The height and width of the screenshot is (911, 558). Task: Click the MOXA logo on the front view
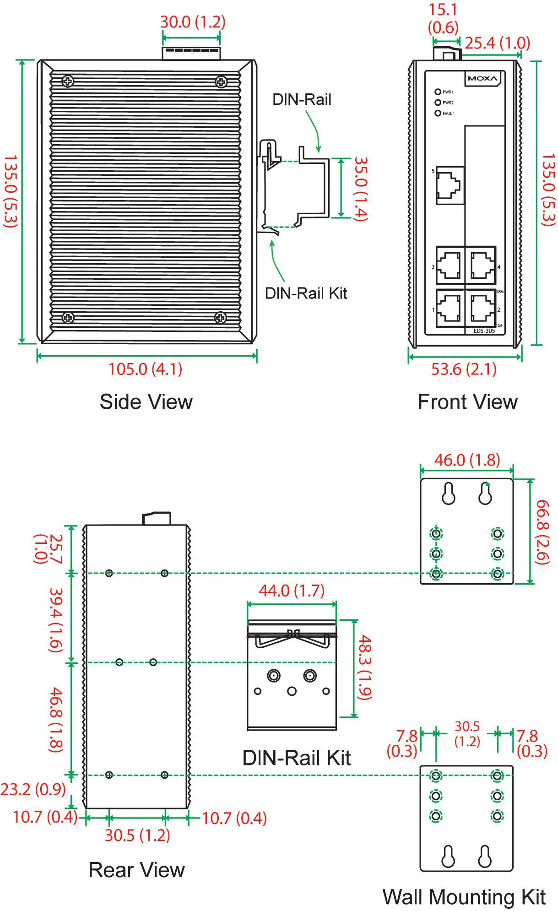point(482,79)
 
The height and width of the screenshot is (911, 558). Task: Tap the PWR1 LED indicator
point(438,92)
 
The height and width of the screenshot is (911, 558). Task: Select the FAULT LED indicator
point(438,113)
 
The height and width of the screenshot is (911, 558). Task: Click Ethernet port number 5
point(450,185)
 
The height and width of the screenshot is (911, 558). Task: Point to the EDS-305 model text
point(484,331)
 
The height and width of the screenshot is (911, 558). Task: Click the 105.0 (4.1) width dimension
point(146,369)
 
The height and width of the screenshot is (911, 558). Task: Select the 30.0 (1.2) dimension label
point(193,22)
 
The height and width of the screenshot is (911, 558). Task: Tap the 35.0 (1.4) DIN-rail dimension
point(361,189)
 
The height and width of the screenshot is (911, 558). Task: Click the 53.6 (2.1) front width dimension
point(464,369)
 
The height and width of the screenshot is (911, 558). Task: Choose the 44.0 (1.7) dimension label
point(292,591)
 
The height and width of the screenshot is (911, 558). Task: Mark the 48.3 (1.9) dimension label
point(364,667)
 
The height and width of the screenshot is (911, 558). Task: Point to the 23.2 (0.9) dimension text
point(33,789)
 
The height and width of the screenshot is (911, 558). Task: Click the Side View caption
point(146,402)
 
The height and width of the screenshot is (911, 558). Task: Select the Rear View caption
point(136,870)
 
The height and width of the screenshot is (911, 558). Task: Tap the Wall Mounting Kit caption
point(464,897)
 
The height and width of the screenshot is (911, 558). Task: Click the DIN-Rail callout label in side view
point(302,99)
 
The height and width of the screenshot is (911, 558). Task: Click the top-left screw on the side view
point(68,81)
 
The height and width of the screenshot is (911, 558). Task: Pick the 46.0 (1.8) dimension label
point(467,460)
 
